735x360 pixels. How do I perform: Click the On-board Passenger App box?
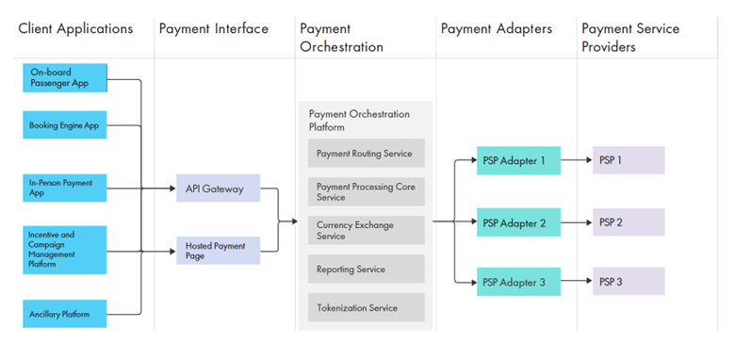click(65, 78)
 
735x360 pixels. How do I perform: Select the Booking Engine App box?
click(65, 124)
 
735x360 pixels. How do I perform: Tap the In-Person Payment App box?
click(65, 188)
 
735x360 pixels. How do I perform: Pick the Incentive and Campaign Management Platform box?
click(65, 250)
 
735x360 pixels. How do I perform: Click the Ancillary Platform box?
click(65, 314)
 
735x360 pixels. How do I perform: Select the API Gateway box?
click(219, 188)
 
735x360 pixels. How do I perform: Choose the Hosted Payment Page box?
click(219, 251)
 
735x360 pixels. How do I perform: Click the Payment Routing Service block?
click(367, 154)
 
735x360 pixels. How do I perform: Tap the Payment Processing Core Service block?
click(367, 191)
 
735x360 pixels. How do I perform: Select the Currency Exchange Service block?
click(367, 230)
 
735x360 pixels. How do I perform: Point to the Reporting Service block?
click(367, 270)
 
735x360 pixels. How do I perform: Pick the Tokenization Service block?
click(367, 307)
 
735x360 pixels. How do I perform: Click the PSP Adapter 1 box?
click(519, 160)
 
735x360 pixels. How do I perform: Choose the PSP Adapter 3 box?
click(519, 282)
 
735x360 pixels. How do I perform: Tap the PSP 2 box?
click(629, 222)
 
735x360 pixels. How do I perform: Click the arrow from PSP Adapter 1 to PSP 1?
click(577, 160)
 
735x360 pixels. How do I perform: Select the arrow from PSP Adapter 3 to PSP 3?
click(577, 281)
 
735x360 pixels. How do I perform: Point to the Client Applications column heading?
click(75, 28)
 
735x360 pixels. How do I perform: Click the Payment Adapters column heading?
click(497, 28)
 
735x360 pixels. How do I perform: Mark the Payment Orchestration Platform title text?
click(359, 121)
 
